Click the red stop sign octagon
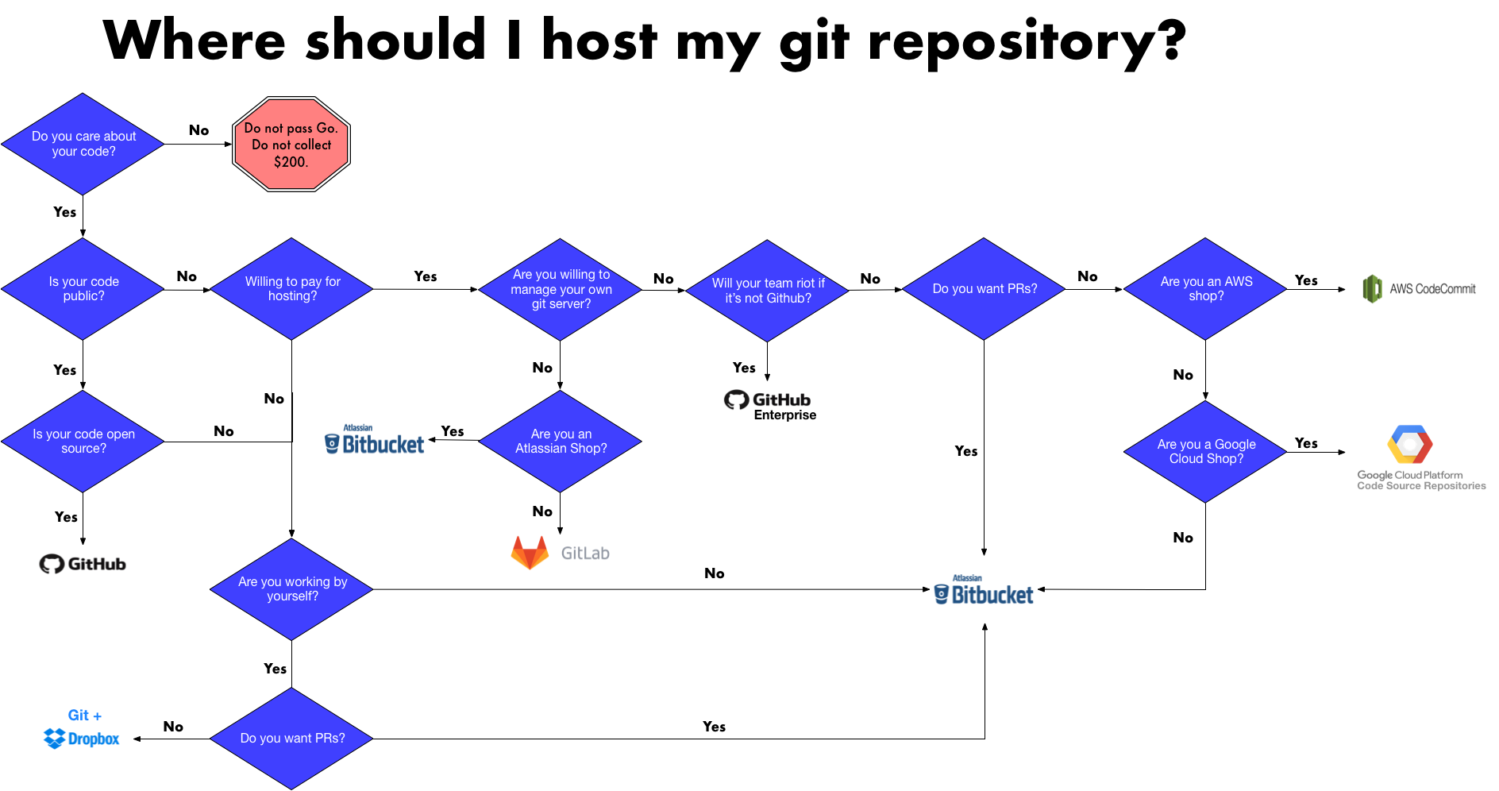click(291, 145)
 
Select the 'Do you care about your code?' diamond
click(83, 144)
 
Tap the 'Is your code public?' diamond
click(83, 289)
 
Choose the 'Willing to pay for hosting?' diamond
click(292, 289)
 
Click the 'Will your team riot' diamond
click(767, 291)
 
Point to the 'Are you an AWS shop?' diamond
click(1205, 289)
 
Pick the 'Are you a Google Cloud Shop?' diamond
click(1205, 452)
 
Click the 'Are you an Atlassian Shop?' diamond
click(561, 442)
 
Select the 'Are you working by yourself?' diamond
click(292, 589)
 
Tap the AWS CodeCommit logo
click(1420, 289)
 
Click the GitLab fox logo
click(530, 553)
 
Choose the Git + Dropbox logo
click(83, 730)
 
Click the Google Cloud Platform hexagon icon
click(1410, 445)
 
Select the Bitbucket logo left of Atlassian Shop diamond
click(375, 441)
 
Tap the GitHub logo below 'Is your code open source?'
click(83, 564)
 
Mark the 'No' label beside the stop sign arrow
click(198, 130)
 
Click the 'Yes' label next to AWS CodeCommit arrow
click(1306, 280)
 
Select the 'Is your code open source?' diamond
click(83, 442)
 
